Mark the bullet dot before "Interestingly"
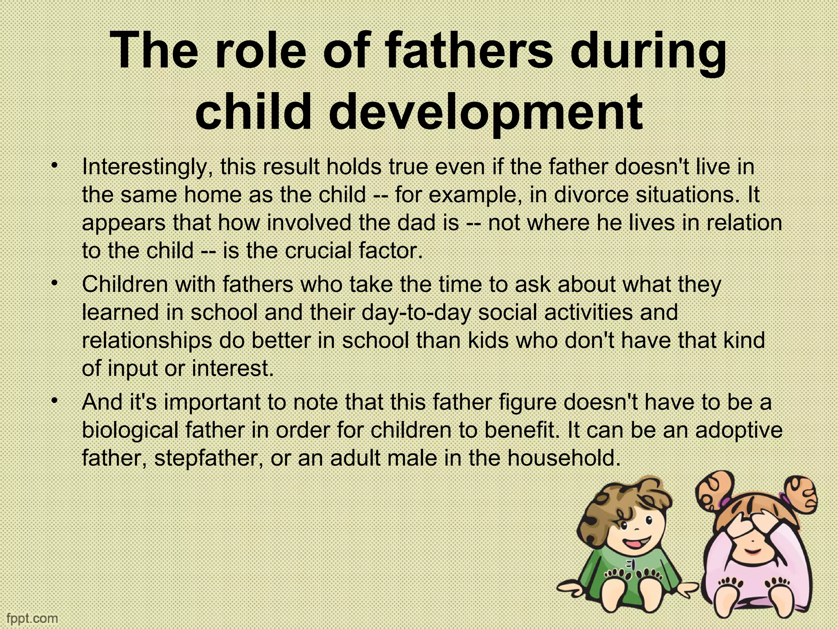pyautogui.click(x=53, y=165)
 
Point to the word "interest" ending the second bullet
pyautogui.click(x=231, y=369)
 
